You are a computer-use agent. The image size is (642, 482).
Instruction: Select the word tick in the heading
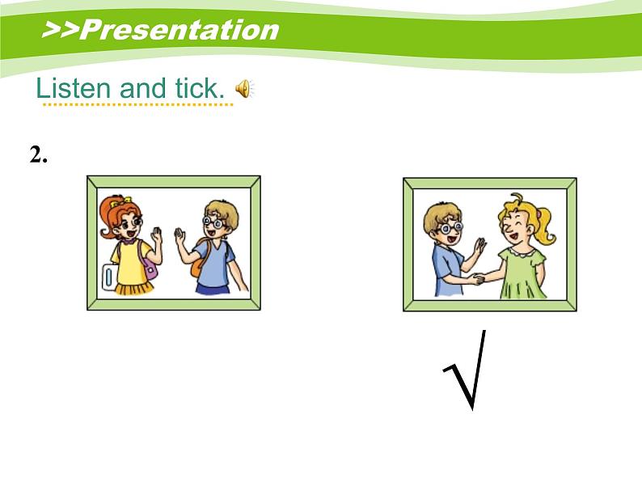196,88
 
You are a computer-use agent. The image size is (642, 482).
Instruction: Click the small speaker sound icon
243,89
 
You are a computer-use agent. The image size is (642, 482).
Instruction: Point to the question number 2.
38,155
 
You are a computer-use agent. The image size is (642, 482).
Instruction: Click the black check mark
467,370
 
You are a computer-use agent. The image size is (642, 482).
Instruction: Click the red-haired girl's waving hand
157,237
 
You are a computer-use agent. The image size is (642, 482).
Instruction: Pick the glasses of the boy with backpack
213,220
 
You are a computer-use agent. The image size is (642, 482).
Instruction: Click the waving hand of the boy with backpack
180,238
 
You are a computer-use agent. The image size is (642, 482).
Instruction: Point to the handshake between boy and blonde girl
477,280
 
